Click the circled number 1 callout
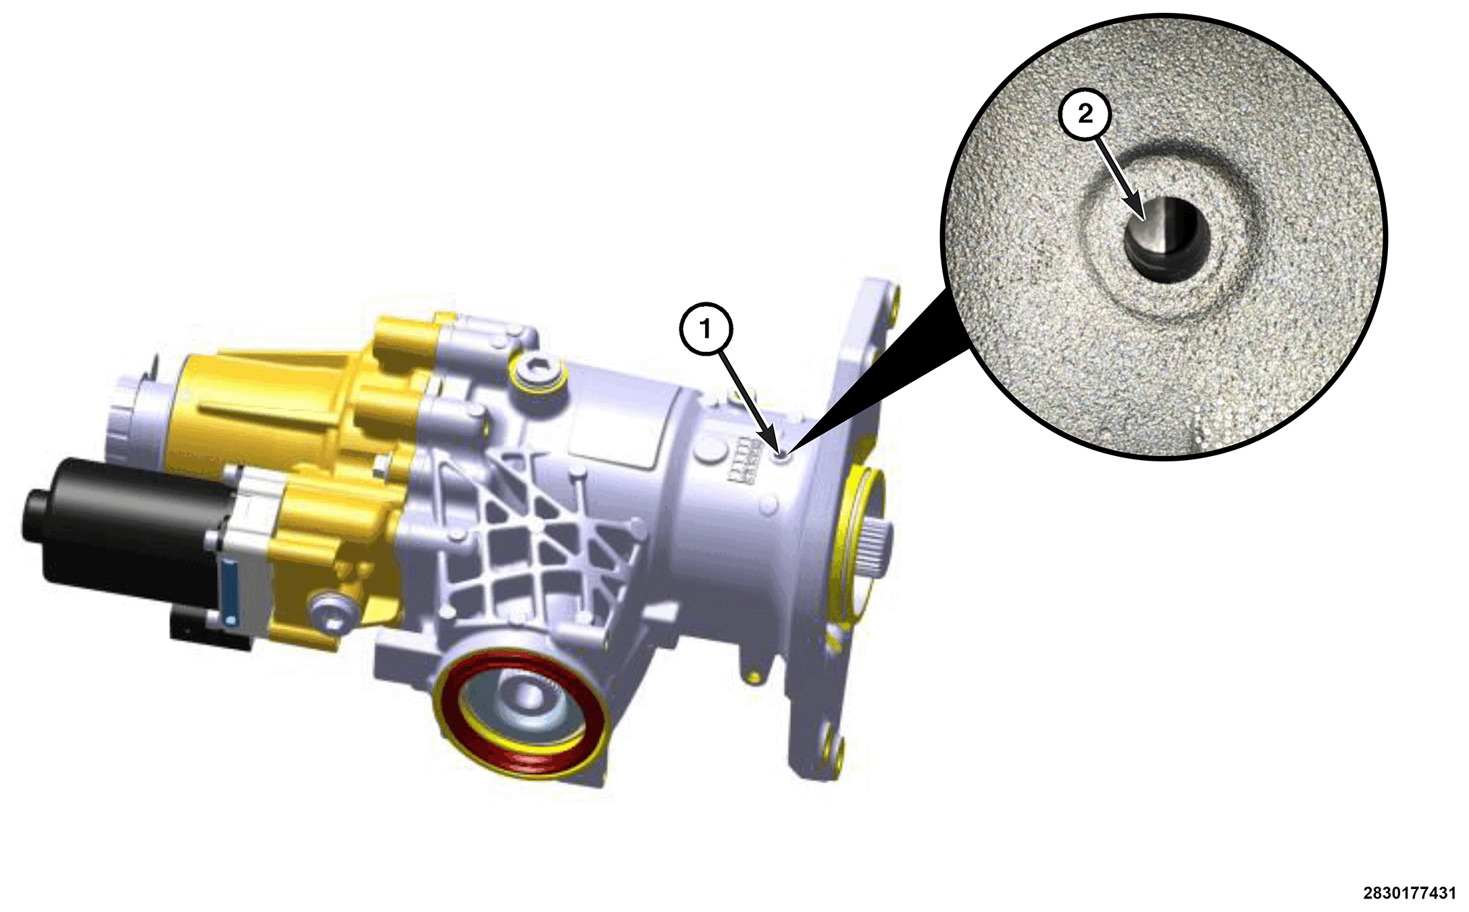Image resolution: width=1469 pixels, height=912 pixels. pos(706,330)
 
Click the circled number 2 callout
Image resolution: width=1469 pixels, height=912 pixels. pos(1085,113)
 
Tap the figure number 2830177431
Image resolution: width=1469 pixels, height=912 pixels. pos(1409,893)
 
